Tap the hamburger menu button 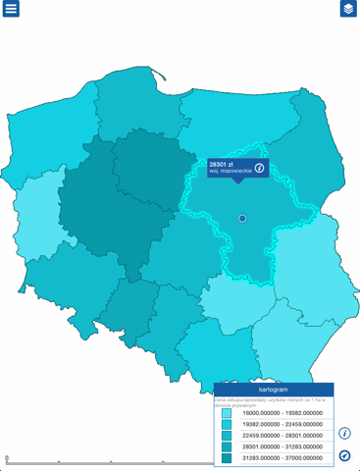(x=12, y=9)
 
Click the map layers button (x=348, y=9)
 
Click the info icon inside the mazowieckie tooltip (x=259, y=168)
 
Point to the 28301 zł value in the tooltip (x=221, y=164)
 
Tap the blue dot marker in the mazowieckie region (x=242, y=218)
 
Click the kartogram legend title (x=274, y=390)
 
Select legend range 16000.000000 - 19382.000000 (x=282, y=413)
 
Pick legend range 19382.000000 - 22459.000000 (x=282, y=424)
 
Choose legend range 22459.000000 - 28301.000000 (x=282, y=436)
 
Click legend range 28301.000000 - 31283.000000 (x=282, y=446)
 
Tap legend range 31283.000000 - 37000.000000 (x=282, y=457)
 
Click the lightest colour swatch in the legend (x=227, y=413)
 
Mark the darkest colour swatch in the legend (x=227, y=457)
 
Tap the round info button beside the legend (x=345, y=433)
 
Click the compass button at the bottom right (x=345, y=455)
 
